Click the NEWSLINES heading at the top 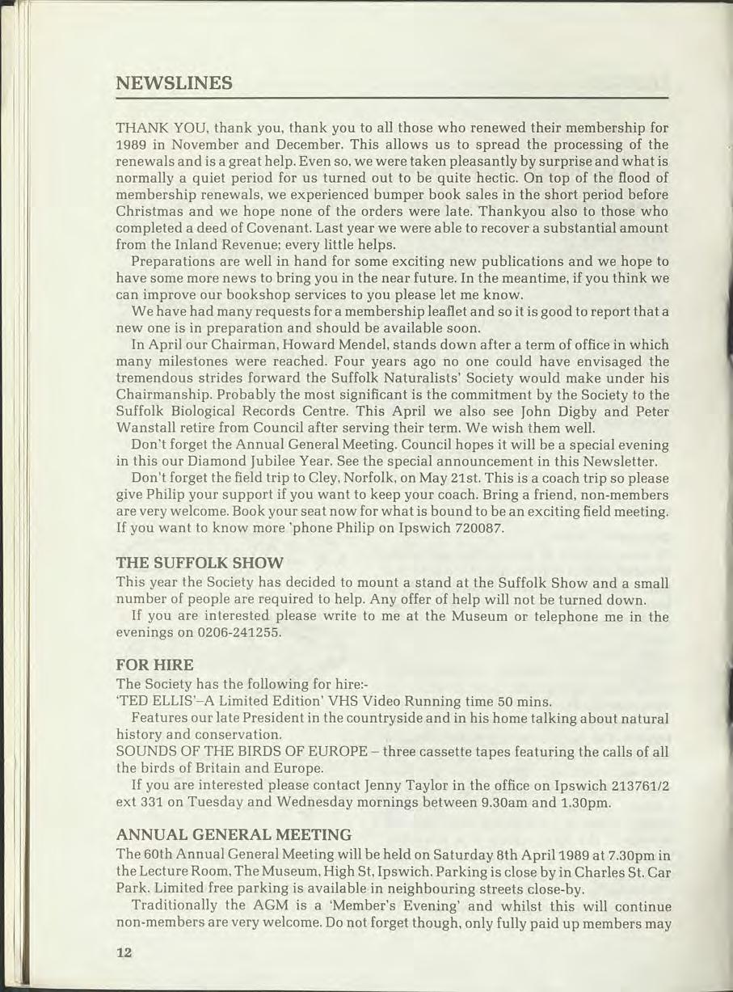pos(175,83)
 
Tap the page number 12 pos(123,952)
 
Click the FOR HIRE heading pos(155,665)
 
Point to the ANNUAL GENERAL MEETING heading pos(234,834)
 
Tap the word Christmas pos(153,211)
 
